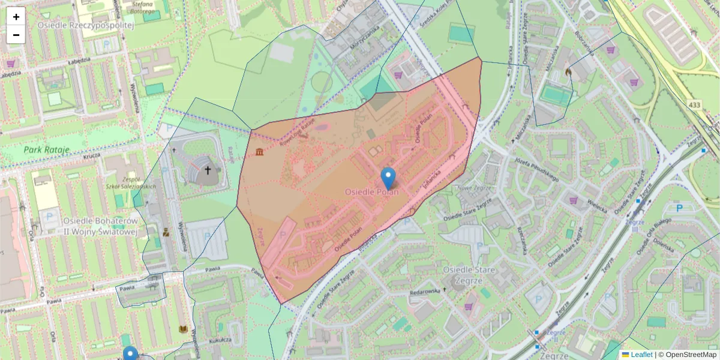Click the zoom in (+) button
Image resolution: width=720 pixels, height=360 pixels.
pos(16,17)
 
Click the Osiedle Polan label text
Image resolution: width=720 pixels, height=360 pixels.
pos(371,191)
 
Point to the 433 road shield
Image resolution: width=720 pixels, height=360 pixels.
pos(694,105)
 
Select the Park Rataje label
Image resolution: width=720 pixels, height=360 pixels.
pos(47,149)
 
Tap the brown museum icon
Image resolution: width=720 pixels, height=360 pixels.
pos(260,152)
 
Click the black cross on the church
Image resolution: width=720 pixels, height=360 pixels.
pos(208,170)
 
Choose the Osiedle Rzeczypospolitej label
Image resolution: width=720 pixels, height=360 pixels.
pos(85,25)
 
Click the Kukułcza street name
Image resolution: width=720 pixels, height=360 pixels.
pos(221,340)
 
